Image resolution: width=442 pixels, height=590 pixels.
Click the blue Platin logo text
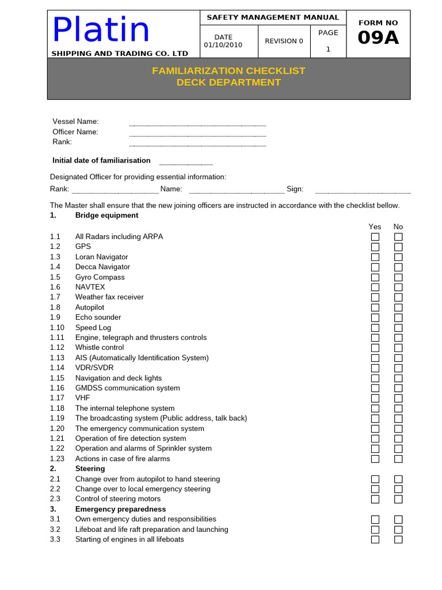pos(101,30)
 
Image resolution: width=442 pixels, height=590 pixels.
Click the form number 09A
pos(378,38)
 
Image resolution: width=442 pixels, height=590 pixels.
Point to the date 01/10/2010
pos(223,45)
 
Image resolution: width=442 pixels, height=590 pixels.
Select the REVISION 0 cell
pos(284,41)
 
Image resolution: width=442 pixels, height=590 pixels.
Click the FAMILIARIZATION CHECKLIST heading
pos(228,71)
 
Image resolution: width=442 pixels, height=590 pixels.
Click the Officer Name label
pos(75,132)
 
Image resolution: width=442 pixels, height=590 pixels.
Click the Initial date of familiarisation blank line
pos(186,164)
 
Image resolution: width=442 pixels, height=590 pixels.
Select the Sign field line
pos(363,192)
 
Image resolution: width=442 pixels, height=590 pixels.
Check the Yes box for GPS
pos(375,247)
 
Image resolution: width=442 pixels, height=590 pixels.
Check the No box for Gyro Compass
pos(398,277)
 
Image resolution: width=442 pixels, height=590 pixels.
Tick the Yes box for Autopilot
pos(375,308)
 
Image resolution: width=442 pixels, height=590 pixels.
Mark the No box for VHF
pos(398,398)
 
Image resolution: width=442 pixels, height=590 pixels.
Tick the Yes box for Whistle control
pos(375,348)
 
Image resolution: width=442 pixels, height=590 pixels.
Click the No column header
pos(398,227)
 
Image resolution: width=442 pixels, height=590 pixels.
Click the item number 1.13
pos(57,358)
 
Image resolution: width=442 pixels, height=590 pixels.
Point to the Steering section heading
pos(90,469)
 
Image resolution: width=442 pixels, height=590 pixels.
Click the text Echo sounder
pos(98,317)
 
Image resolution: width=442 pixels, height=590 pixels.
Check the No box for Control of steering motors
pos(398,499)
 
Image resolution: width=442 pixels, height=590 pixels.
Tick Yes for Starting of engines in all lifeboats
pos(375,539)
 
